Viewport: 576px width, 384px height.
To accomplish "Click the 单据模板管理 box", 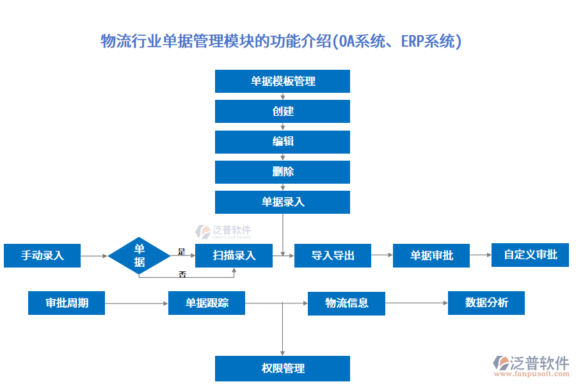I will (x=282, y=81).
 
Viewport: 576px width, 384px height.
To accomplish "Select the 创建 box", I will (x=282, y=111).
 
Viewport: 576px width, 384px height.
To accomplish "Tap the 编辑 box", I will (x=282, y=141).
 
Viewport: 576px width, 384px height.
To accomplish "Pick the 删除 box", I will (x=282, y=172).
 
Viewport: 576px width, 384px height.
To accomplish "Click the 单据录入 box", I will (x=282, y=202).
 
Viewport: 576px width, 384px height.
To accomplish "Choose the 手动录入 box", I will (x=42, y=255).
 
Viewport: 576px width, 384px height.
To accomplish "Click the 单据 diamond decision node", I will (x=139, y=255).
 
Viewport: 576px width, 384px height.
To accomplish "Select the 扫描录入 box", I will (x=234, y=255).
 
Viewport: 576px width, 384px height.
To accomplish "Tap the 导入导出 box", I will (x=333, y=255).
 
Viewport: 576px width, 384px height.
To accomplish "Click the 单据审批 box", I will (x=431, y=255).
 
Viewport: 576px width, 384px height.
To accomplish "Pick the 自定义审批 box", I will (x=530, y=255).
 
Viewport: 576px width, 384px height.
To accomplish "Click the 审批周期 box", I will (x=67, y=303).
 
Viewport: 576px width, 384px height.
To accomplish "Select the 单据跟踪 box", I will (x=207, y=303).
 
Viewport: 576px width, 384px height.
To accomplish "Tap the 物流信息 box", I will (x=346, y=303).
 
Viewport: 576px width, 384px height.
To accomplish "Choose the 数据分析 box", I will (x=486, y=303).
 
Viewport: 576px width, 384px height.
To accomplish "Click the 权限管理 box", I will (x=282, y=369).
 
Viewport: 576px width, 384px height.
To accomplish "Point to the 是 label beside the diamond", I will (x=181, y=251).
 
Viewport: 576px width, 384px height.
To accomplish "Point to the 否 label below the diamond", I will (x=182, y=274).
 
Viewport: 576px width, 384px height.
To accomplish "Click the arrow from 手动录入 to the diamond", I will (x=94, y=255).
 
